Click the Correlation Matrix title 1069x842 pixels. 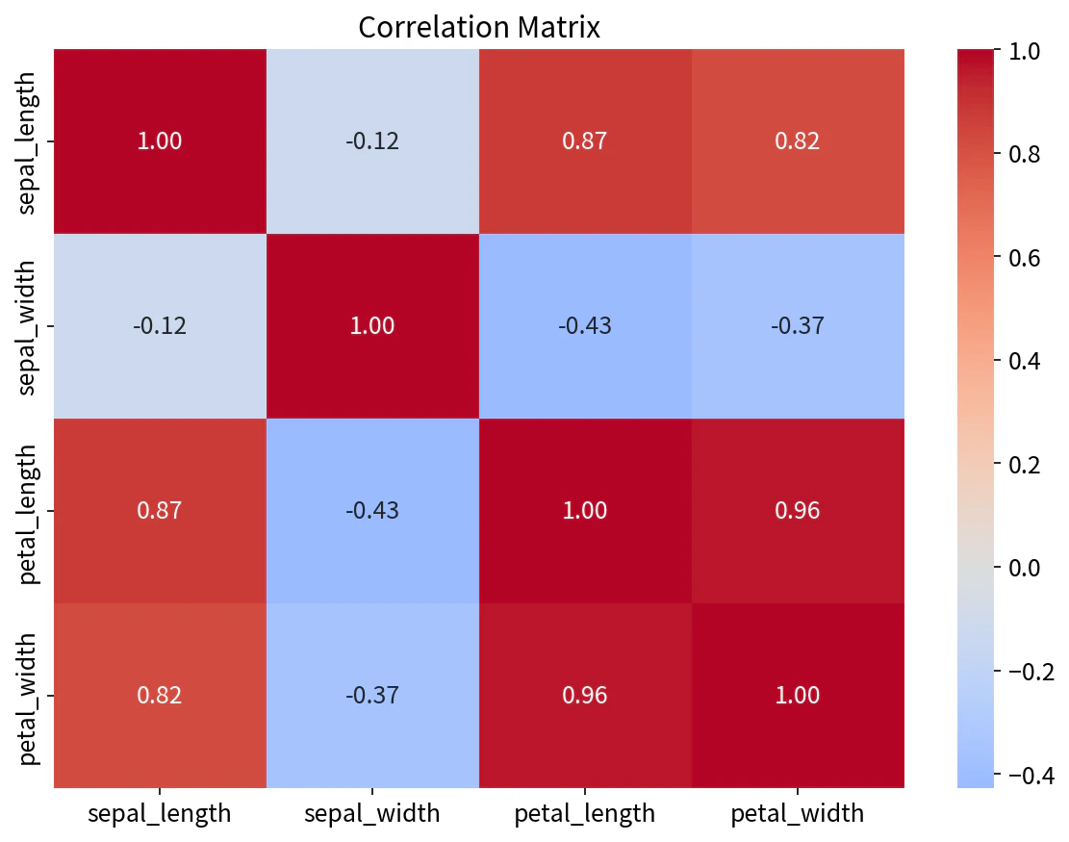tap(478, 27)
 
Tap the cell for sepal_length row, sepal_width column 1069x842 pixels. tap(372, 141)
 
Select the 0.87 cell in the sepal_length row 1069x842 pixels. tap(585, 141)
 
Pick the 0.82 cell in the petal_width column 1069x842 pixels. tap(798, 141)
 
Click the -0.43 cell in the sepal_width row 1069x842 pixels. tap(585, 326)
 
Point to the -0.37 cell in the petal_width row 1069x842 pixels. tap(372, 696)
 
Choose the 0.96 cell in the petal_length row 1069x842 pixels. tap(798, 511)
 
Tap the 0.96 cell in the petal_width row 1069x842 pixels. tap(585, 696)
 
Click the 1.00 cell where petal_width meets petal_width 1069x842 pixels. tap(798, 696)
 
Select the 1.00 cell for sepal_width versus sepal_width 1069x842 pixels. tap(372, 326)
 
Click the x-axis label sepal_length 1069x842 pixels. tap(160, 813)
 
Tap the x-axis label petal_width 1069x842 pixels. tap(798, 813)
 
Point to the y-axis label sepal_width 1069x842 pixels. tap(26, 326)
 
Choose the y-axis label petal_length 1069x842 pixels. tap(26, 515)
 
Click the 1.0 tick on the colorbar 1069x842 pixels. tap(1024, 50)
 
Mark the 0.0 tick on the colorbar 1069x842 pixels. tap(1024, 567)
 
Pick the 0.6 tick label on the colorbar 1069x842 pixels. tap(1024, 257)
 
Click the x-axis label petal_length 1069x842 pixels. tap(585, 813)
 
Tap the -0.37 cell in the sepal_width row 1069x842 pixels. tap(798, 326)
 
